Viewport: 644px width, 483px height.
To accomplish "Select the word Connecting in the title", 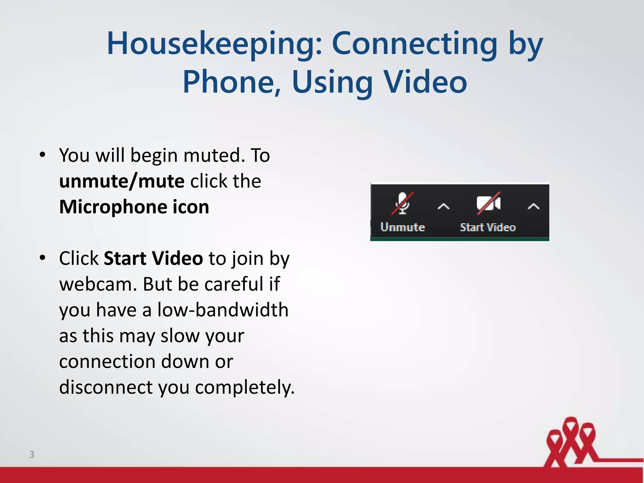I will coord(415,44).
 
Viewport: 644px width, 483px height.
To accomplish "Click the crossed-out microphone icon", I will coord(402,203).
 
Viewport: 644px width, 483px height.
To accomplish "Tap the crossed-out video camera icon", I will coord(488,203).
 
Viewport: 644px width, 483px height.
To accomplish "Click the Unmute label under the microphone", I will coord(402,227).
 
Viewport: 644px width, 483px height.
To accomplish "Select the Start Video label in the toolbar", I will coord(488,227).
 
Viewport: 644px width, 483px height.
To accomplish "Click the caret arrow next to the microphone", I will coord(443,207).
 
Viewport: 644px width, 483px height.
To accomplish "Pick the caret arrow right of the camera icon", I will coord(533,207).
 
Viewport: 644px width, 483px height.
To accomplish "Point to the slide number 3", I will coord(32,454).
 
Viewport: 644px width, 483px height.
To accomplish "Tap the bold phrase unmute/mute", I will coord(122,181).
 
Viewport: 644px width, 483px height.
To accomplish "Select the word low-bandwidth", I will coord(223,310).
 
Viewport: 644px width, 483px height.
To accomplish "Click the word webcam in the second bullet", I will coord(98,284).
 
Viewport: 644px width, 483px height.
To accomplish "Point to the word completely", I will coord(245,387).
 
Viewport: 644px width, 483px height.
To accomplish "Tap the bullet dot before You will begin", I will coord(43,155).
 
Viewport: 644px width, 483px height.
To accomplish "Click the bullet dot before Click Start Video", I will coord(43,258).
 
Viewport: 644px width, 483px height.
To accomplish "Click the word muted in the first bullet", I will coord(214,155).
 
